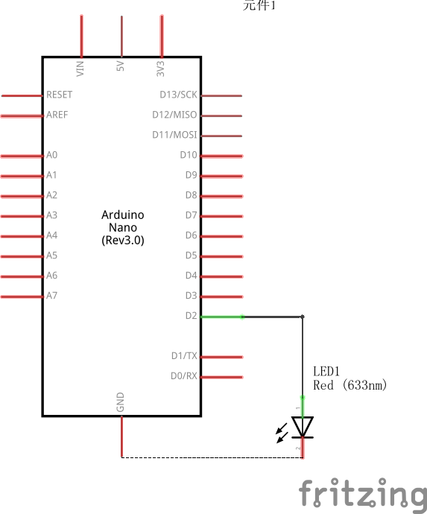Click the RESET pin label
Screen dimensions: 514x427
tap(60, 95)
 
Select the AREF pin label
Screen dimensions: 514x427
tap(57, 115)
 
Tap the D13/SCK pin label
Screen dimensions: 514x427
tap(179, 95)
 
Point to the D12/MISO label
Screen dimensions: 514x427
tap(174, 115)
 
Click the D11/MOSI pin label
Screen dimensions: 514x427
tap(174, 136)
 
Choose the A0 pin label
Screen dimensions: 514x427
tap(51, 156)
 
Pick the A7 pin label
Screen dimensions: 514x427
tap(51, 296)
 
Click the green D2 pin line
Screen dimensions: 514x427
tap(222, 317)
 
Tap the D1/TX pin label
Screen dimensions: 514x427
tap(184, 356)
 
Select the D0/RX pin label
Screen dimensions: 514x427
tap(184, 376)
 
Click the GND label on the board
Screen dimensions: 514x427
tap(121, 403)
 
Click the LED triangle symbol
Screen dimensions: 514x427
tap(303, 427)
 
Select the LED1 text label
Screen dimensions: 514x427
tap(326, 371)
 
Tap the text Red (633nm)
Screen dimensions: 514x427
tap(350, 385)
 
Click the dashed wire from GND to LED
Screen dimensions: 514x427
tap(212, 457)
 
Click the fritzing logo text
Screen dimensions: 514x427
tap(363, 494)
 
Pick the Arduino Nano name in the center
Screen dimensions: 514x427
tap(123, 227)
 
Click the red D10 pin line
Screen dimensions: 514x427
tap(222, 156)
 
